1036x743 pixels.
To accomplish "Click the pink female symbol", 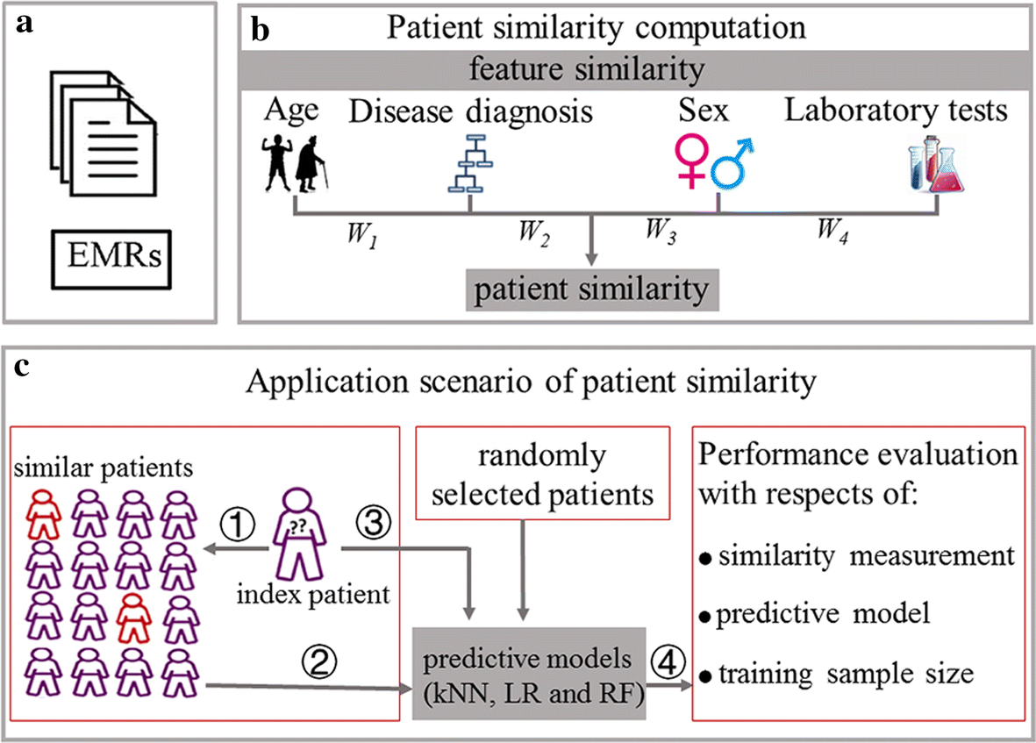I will pyautogui.click(x=690, y=163).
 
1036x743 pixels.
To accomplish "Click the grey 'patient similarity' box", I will pyautogui.click(x=593, y=289).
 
